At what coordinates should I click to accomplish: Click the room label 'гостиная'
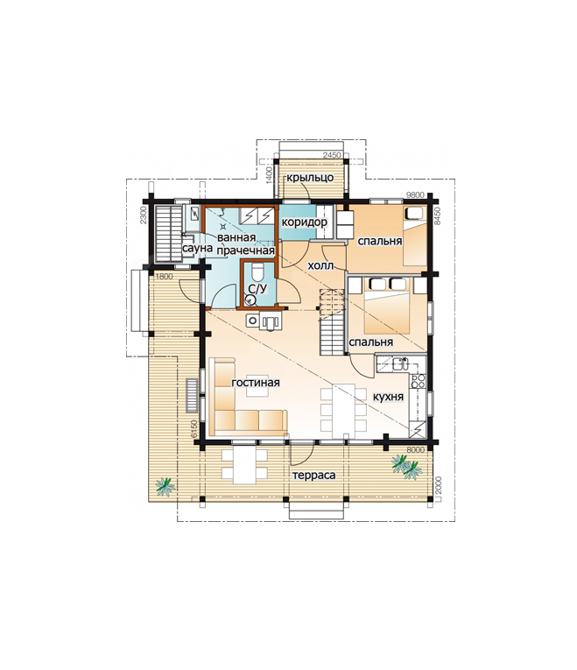[256, 383]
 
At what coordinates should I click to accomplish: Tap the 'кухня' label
[388, 397]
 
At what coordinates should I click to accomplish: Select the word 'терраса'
[314, 476]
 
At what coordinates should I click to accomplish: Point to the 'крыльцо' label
[310, 178]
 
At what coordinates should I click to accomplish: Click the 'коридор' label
[304, 222]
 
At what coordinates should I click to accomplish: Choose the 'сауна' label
[197, 248]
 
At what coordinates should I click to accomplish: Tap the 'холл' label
[320, 265]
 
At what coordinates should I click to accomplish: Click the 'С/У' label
[257, 289]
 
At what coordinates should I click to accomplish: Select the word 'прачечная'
[245, 250]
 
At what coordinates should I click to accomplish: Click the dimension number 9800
[415, 195]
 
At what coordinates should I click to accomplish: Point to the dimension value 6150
[194, 428]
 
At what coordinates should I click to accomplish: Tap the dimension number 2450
[332, 155]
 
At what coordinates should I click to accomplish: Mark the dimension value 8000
[416, 450]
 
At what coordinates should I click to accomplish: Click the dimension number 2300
[144, 215]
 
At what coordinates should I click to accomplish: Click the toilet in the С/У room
[257, 272]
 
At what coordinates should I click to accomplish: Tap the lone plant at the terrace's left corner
[165, 486]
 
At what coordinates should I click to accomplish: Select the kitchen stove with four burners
[418, 381]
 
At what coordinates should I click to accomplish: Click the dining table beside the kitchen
[344, 408]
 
